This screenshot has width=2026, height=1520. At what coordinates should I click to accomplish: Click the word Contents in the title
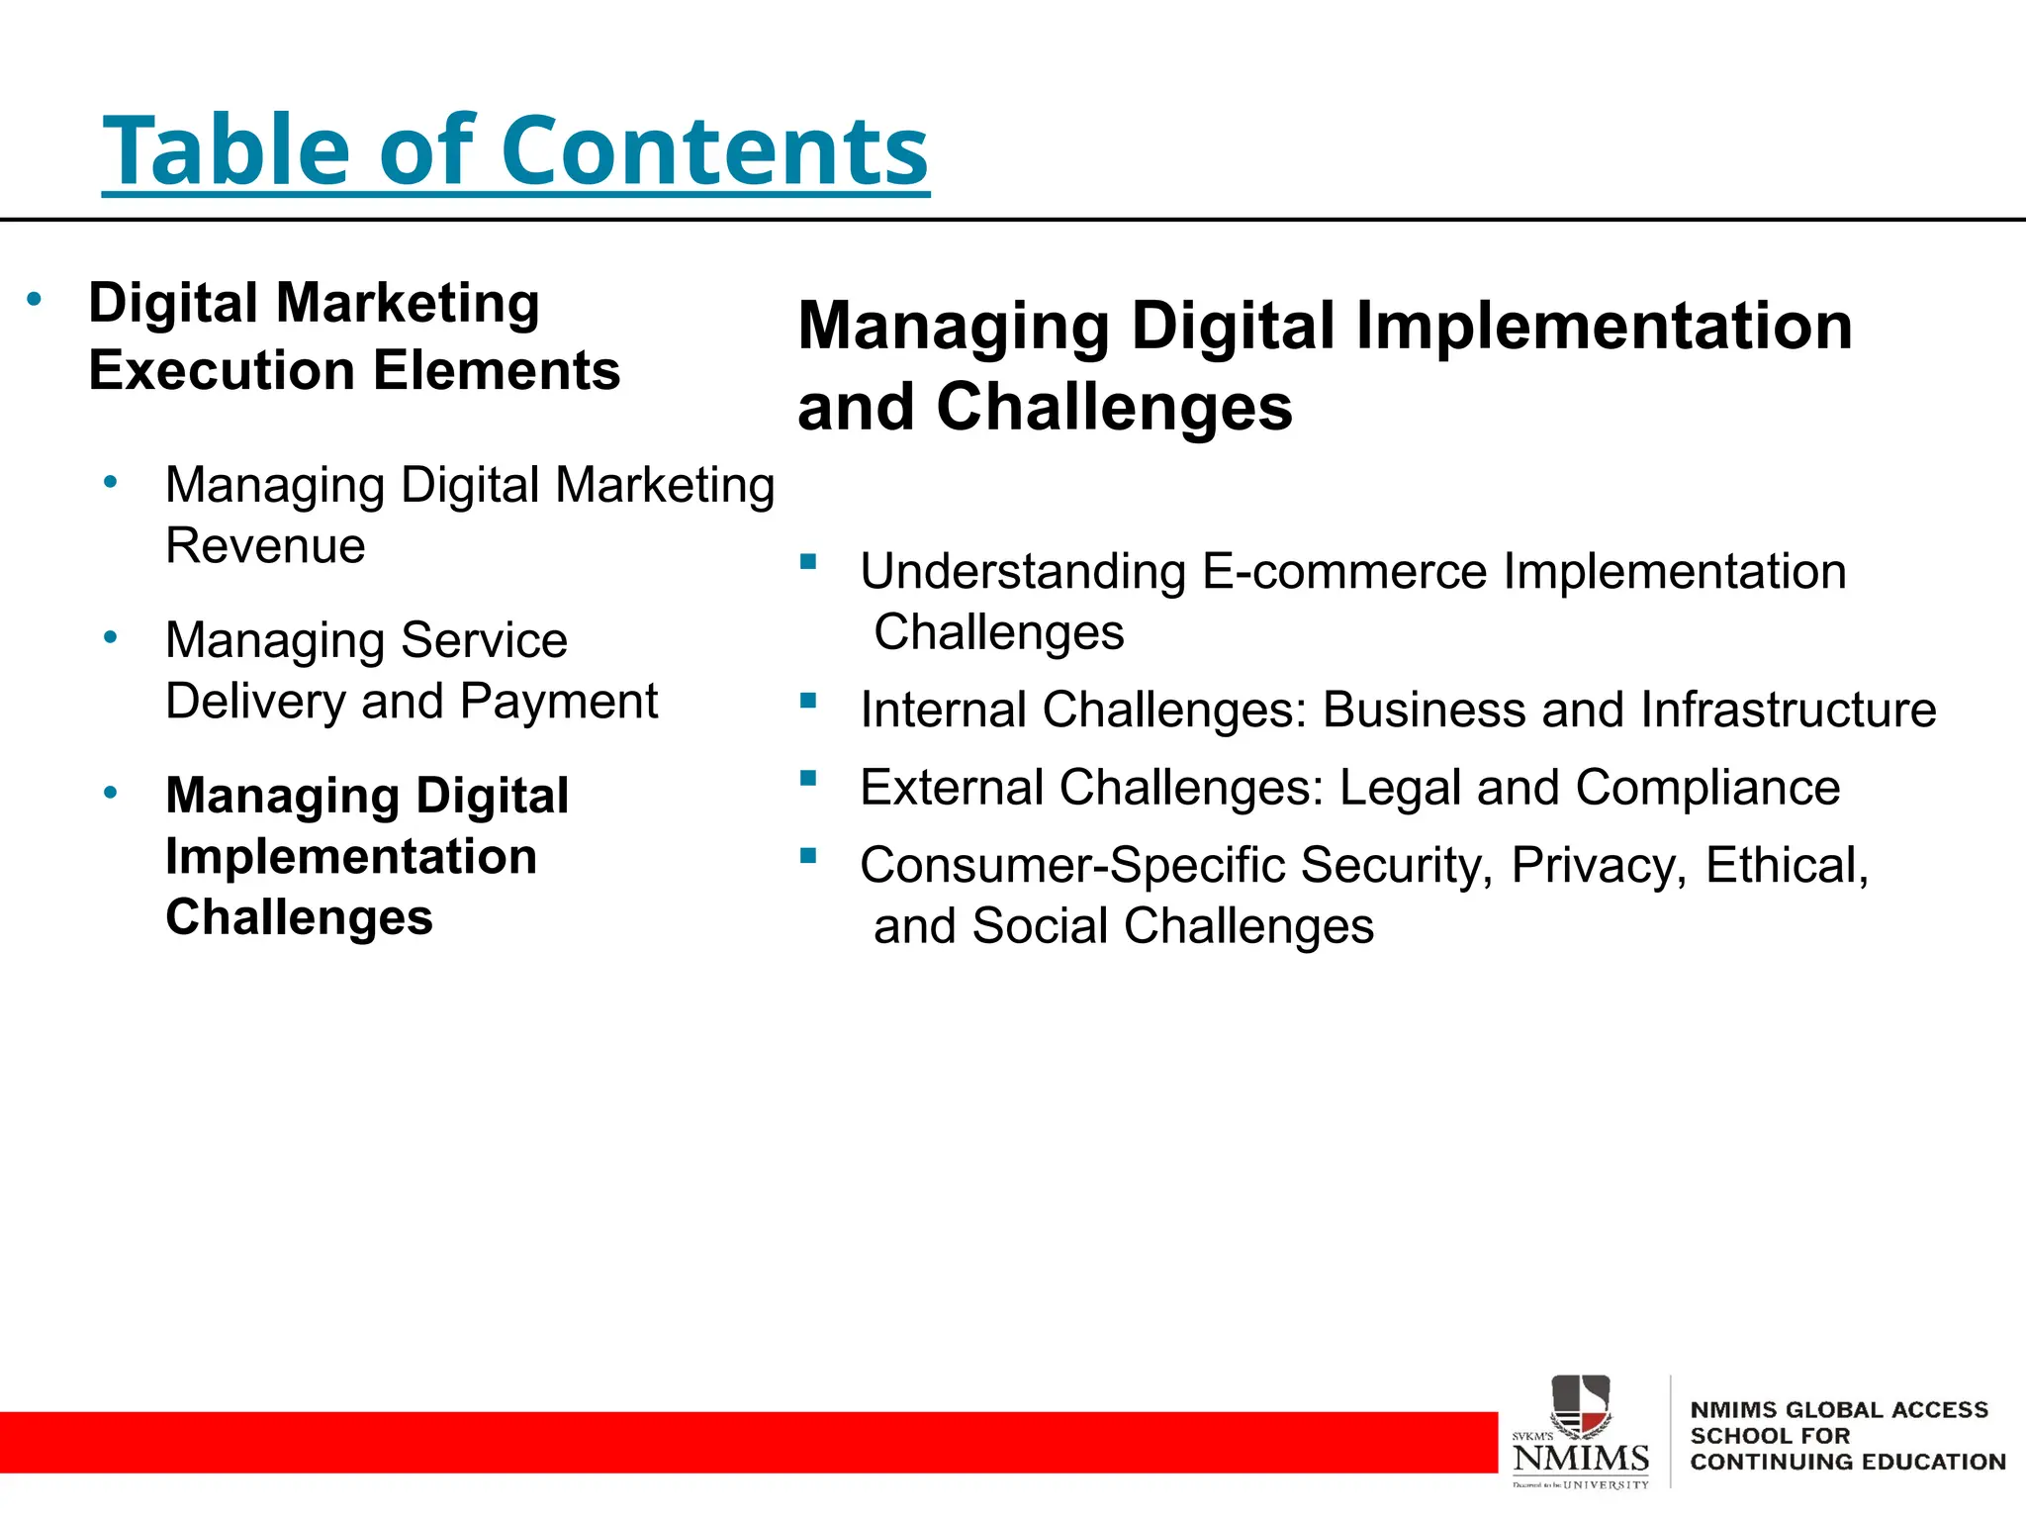click(714, 150)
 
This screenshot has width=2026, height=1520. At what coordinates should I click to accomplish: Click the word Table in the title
click(227, 150)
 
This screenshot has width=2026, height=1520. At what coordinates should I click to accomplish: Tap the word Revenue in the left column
click(265, 546)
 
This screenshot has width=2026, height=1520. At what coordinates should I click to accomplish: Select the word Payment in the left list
click(559, 702)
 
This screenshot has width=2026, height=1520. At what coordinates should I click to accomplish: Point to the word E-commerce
click(1344, 572)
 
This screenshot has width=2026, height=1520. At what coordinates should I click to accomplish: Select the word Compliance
click(1707, 789)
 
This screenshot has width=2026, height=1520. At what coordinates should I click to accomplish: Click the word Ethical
click(1787, 866)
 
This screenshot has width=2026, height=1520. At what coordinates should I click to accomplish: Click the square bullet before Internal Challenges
click(808, 701)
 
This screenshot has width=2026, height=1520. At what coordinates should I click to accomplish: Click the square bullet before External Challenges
click(808, 778)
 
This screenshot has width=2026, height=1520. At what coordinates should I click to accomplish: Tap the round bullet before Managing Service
click(111, 637)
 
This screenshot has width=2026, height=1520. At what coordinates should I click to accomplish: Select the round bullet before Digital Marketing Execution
click(35, 299)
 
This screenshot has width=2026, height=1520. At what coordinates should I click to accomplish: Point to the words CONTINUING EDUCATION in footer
click(1847, 1463)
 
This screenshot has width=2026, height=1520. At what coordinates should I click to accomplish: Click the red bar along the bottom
click(742, 1442)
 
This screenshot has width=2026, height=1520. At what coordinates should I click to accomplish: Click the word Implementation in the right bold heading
click(1604, 327)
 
